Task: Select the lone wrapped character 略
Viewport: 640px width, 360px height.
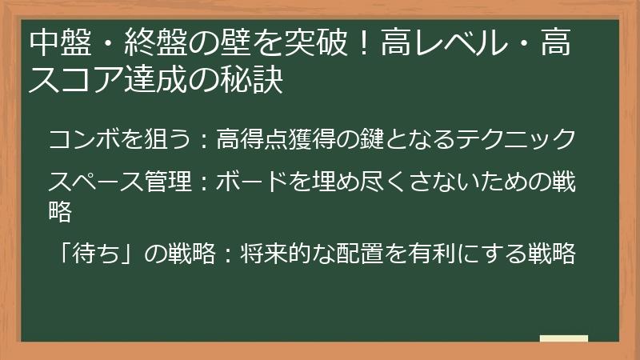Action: tap(61, 211)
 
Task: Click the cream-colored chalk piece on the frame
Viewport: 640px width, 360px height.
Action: tap(563, 339)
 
